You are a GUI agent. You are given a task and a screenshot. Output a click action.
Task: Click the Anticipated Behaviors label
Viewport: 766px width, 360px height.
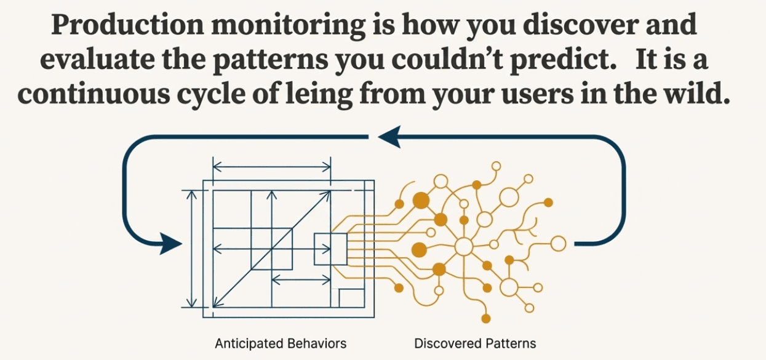coord(281,343)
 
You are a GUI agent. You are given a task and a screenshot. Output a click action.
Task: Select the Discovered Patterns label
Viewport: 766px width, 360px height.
coord(475,343)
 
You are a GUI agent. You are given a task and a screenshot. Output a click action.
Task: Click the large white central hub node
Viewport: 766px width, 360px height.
coord(463,247)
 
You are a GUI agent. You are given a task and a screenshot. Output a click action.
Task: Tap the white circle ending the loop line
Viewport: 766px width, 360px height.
coord(557,243)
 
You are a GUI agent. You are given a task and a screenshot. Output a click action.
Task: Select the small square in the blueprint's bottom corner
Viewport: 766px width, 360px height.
coord(351,298)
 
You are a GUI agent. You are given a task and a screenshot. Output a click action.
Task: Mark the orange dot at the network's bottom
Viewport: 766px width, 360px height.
coord(486,319)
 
